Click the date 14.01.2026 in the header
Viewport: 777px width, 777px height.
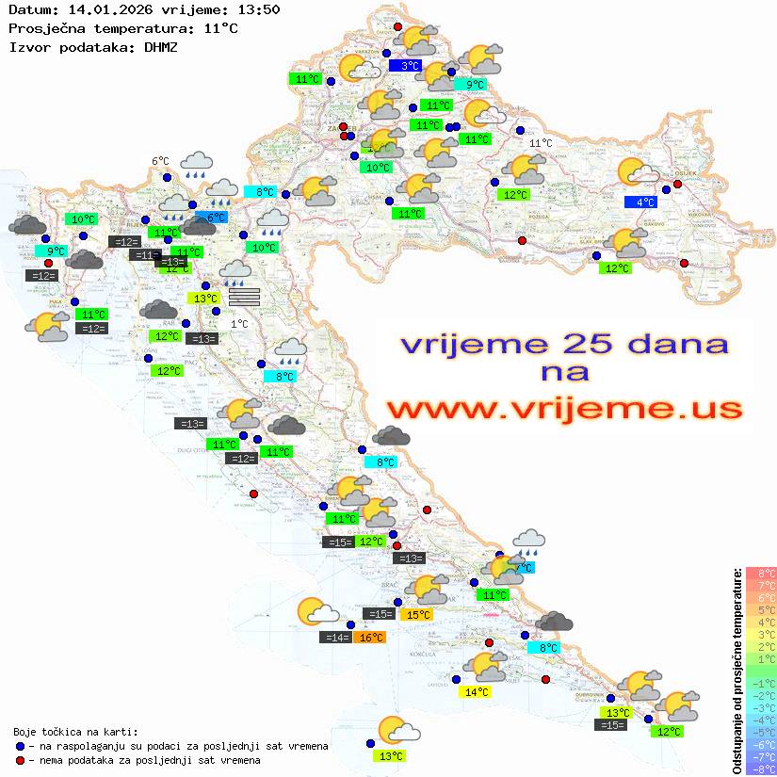pyautogui.click(x=107, y=9)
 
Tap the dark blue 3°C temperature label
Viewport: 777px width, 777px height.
pyautogui.click(x=410, y=66)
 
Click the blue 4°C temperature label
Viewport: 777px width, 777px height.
pyautogui.click(x=644, y=202)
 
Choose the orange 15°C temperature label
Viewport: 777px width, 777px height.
pyautogui.click(x=417, y=615)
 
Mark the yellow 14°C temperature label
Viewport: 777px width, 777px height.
pyautogui.click(x=477, y=692)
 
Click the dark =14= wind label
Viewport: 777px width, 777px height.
pyautogui.click(x=336, y=638)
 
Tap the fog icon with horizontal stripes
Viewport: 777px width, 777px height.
pyautogui.click(x=244, y=298)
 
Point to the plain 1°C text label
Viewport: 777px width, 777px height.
pyautogui.click(x=240, y=323)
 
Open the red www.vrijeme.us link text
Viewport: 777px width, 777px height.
pyautogui.click(x=563, y=409)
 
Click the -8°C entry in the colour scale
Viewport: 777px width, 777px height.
pyautogui.click(x=760, y=769)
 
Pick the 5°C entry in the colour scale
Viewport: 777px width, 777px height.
pyautogui.click(x=760, y=609)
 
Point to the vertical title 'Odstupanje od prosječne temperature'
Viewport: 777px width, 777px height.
pyautogui.click(x=737, y=671)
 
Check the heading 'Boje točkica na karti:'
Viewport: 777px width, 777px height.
pyautogui.click(x=75, y=732)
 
